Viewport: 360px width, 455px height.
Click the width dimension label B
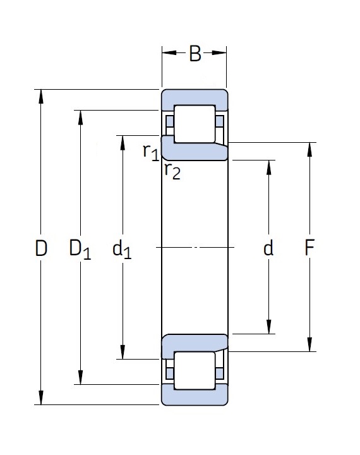[x=195, y=53]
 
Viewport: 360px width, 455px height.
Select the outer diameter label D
[x=41, y=248]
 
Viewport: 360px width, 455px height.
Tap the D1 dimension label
[x=80, y=250]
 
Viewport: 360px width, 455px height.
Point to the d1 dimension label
[x=121, y=250]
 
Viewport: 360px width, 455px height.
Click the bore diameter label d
[x=268, y=248]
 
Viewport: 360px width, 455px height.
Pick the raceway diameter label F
[x=309, y=248]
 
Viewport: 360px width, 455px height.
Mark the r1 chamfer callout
[x=151, y=152]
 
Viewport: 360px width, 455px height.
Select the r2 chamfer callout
[x=172, y=171]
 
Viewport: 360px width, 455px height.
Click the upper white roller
[x=195, y=124]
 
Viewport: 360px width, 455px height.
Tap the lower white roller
[x=195, y=370]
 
